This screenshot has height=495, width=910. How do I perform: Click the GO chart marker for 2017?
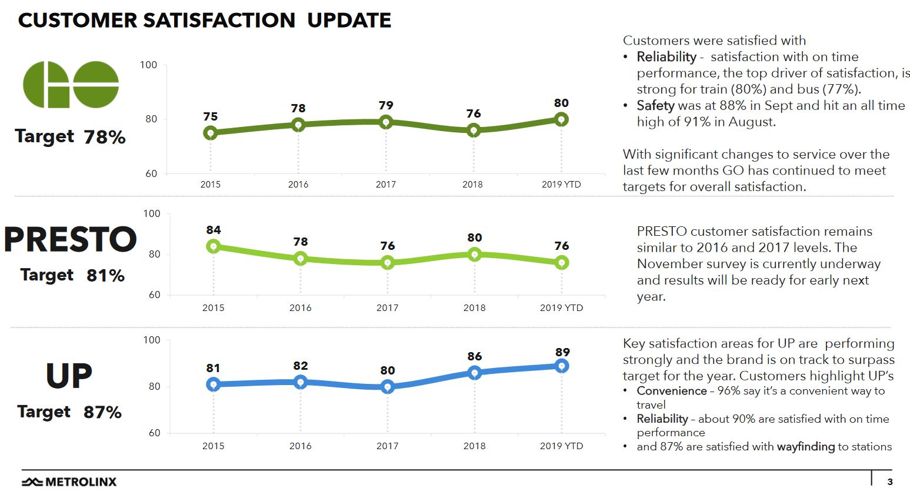click(386, 122)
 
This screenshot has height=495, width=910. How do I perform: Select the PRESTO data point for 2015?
click(214, 246)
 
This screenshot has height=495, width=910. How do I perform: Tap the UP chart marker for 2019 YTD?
click(562, 366)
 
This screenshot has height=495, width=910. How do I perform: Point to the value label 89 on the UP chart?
click(562, 352)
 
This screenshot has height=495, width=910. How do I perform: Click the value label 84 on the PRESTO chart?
click(214, 230)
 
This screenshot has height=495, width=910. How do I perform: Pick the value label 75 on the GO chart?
click(211, 116)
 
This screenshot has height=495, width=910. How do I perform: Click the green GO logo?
click(71, 85)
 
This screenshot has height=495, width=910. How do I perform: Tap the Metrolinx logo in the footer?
click(69, 482)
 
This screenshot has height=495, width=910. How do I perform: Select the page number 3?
click(890, 482)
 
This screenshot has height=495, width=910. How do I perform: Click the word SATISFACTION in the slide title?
click(219, 21)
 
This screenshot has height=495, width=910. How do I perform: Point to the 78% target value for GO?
click(105, 138)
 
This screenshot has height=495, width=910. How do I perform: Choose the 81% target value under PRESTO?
click(105, 276)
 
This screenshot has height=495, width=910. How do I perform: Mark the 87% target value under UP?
click(102, 412)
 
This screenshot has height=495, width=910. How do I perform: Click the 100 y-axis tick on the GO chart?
click(148, 65)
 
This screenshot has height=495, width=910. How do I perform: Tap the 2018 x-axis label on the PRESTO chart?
click(474, 307)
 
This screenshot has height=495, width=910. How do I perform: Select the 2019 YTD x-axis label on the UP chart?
click(561, 446)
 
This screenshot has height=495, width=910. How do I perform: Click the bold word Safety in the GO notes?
click(655, 106)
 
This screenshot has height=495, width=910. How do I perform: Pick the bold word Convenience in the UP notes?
click(672, 391)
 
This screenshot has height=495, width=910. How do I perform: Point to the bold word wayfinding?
click(805, 447)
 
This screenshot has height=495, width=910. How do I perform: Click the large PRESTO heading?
click(71, 240)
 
